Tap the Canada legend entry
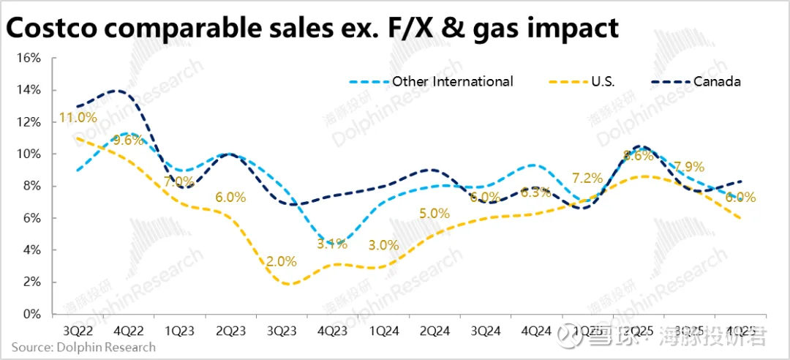coord(717,81)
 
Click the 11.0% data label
coord(77,117)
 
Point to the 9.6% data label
coord(128,140)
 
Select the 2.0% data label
coord(282,261)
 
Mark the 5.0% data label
coord(434,214)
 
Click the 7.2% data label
coord(587,178)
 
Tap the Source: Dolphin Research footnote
coord(83,347)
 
